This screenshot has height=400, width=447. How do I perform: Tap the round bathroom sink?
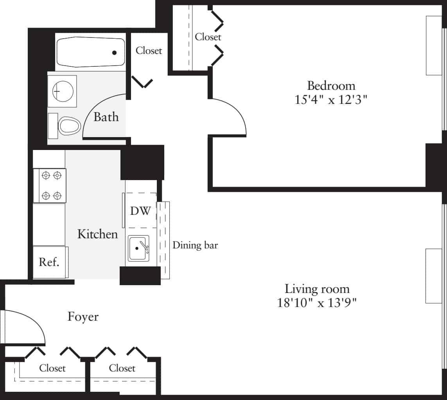[62, 91]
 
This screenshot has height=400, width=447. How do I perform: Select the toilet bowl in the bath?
[69, 126]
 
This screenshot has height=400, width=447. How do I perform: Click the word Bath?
[106, 117]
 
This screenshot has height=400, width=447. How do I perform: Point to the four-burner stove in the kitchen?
[52, 185]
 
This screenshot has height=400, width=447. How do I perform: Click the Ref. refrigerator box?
[49, 262]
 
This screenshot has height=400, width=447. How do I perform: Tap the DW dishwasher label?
[140, 211]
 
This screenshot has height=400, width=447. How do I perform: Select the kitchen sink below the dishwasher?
[138, 248]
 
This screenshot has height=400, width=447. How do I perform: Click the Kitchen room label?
[97, 234]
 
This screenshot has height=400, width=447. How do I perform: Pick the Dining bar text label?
[195, 245]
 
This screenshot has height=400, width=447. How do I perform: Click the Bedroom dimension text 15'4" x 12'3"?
[331, 100]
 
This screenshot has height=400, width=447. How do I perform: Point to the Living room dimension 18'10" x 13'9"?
[317, 302]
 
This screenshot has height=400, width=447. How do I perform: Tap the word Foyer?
[83, 316]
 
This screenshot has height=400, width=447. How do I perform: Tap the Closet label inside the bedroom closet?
[208, 37]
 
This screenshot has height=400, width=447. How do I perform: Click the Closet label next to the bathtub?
[149, 50]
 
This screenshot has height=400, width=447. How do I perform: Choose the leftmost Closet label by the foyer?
[52, 368]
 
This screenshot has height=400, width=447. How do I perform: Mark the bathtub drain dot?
[115, 52]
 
